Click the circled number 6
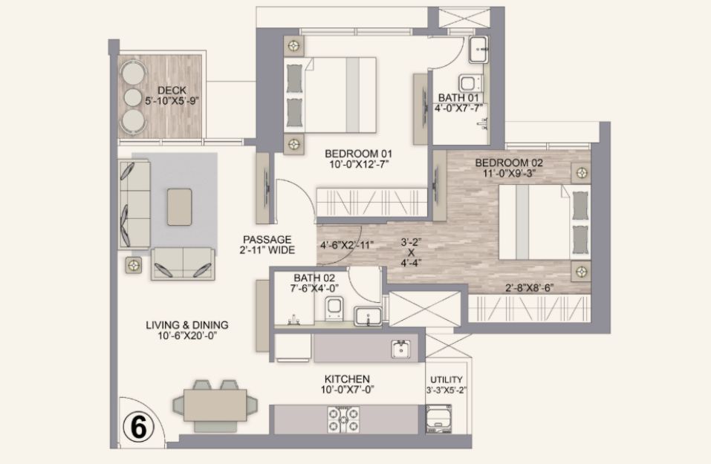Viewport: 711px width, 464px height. pos(138,427)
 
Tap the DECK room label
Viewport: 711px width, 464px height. pos(172,91)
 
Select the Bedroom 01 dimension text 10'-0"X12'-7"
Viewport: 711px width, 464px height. pos(358,164)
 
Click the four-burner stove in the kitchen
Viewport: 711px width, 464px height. pos(343,419)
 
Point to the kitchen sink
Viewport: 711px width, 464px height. pos(401,349)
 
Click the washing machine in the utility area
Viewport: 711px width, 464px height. pos(438,419)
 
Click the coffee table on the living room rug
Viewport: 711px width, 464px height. pos(180,206)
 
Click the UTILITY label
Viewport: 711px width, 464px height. pos(447,379)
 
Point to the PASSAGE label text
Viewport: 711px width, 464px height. pos(267,239)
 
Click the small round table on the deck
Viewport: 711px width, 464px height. pos(133,97)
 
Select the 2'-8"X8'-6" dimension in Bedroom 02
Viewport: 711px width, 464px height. pos(530,287)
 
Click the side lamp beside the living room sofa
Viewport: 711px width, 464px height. pos(133,264)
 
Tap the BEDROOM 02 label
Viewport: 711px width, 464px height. pos(509,163)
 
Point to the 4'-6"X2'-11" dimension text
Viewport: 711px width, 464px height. pos(347,245)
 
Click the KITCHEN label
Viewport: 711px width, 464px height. pos(347,379)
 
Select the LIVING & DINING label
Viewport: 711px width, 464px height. pos(186,325)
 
